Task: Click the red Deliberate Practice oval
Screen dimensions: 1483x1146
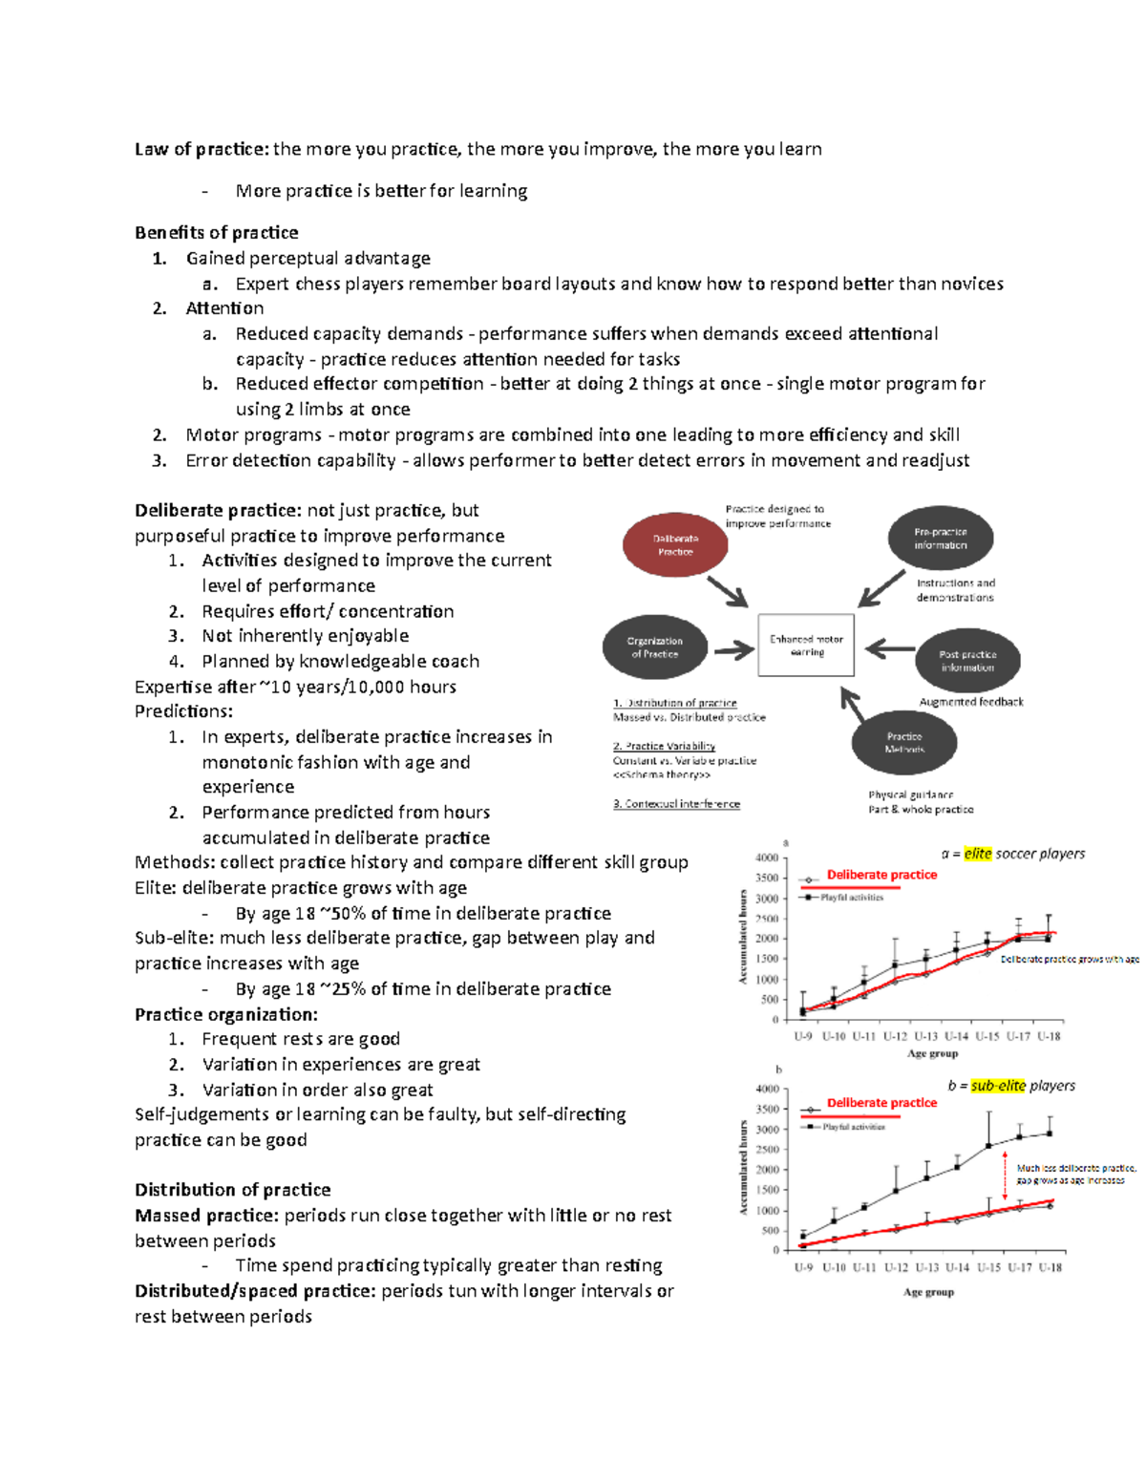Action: pos(675,545)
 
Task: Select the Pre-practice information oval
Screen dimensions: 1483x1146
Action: pos(940,540)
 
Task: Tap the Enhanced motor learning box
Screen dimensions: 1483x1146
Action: pos(806,646)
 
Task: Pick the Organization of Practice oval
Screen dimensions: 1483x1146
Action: pos(654,647)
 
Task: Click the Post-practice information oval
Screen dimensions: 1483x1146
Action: pos(966,661)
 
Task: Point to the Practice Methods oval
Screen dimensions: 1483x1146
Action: pos(903,742)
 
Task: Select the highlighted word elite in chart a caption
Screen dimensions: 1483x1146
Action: pos(977,854)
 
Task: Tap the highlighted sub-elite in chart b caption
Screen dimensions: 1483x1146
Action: pos(997,1086)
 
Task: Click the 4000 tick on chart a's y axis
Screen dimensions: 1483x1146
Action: pos(767,858)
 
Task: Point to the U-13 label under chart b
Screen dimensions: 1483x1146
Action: pos(926,1267)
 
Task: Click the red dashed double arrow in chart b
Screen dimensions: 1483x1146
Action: pos(1005,1176)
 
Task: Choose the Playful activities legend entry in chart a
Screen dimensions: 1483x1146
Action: pos(851,898)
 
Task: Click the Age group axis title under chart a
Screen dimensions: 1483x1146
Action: pos(932,1053)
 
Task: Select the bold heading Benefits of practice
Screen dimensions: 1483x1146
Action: pos(216,233)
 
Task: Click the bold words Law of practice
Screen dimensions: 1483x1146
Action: pos(201,149)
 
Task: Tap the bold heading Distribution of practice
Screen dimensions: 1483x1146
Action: pos(232,1190)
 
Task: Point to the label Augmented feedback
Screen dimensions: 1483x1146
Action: pos(970,702)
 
